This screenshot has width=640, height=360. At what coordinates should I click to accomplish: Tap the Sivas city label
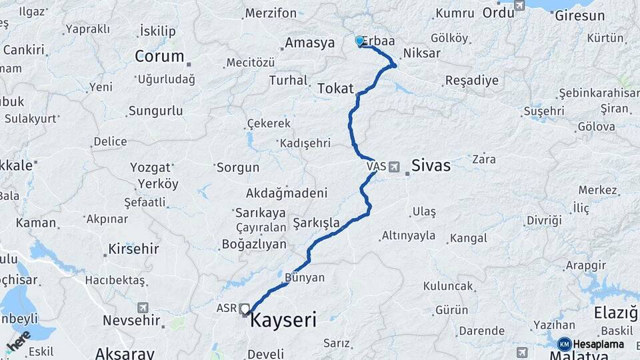tap(431, 165)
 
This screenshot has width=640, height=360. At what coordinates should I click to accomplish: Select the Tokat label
tap(335, 89)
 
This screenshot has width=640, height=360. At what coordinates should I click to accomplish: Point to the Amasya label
tap(310, 43)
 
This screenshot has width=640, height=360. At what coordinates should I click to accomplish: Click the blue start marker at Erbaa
tap(360, 41)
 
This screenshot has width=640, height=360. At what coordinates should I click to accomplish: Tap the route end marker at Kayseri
tap(245, 309)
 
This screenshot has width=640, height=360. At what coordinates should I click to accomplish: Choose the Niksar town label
tap(421, 53)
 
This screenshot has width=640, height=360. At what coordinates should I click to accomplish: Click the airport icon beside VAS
tap(394, 166)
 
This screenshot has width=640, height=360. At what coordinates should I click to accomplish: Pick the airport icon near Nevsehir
tap(143, 307)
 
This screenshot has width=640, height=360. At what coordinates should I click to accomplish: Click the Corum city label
tap(159, 56)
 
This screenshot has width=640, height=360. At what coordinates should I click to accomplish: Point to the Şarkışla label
tap(316, 223)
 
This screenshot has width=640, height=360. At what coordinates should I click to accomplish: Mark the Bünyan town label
tap(304, 277)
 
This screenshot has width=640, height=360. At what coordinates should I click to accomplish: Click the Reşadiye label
tap(471, 81)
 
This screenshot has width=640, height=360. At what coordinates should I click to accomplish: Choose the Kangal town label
tap(469, 238)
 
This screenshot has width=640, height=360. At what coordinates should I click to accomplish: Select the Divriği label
tap(544, 220)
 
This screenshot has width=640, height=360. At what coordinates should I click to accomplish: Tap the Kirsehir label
tap(134, 249)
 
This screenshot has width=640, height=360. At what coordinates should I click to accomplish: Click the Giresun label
tap(579, 15)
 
